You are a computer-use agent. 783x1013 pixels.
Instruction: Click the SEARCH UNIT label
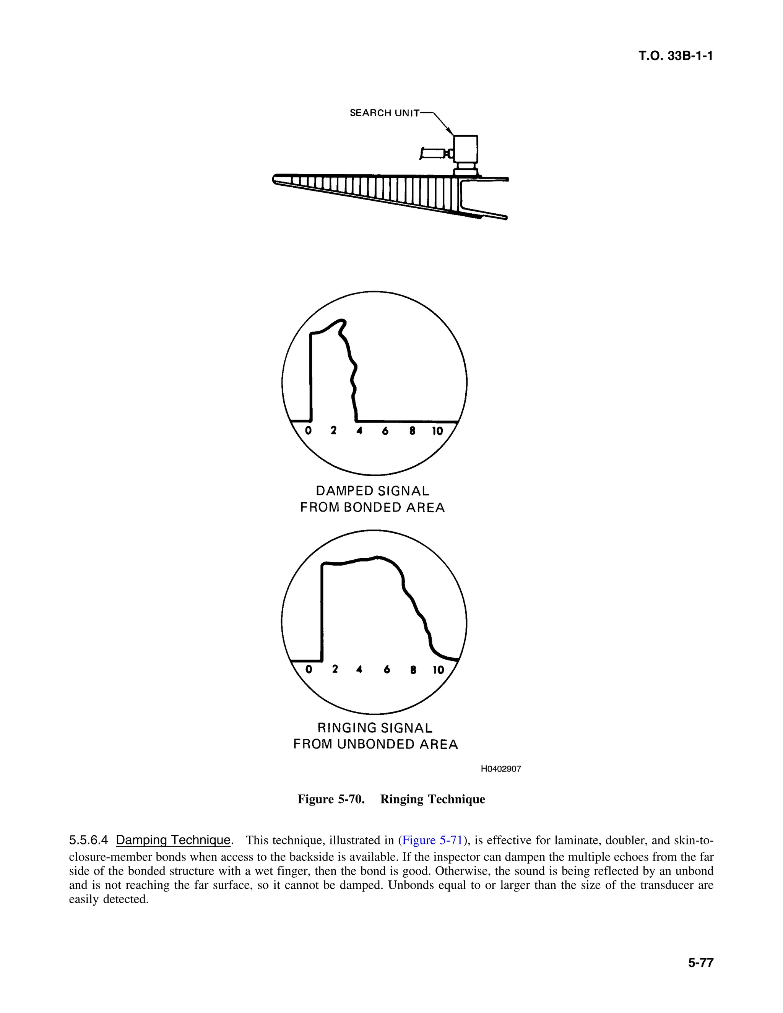[384, 113]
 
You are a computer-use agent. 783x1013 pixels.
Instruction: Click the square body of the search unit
[466, 148]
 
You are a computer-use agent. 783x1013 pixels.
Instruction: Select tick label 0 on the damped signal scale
[309, 430]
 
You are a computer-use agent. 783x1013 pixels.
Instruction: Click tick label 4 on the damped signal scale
[359, 430]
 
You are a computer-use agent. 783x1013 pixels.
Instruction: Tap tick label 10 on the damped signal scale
[437, 431]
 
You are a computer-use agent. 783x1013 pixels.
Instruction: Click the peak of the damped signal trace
[341, 321]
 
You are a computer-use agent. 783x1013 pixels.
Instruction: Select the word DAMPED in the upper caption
[344, 491]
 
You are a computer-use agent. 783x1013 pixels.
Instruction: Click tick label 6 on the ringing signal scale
[387, 669]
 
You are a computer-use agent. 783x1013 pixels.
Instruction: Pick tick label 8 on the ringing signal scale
[413, 670]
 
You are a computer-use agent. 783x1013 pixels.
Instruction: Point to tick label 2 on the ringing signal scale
[335, 669]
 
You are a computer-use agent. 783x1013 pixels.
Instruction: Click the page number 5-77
[700, 963]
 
